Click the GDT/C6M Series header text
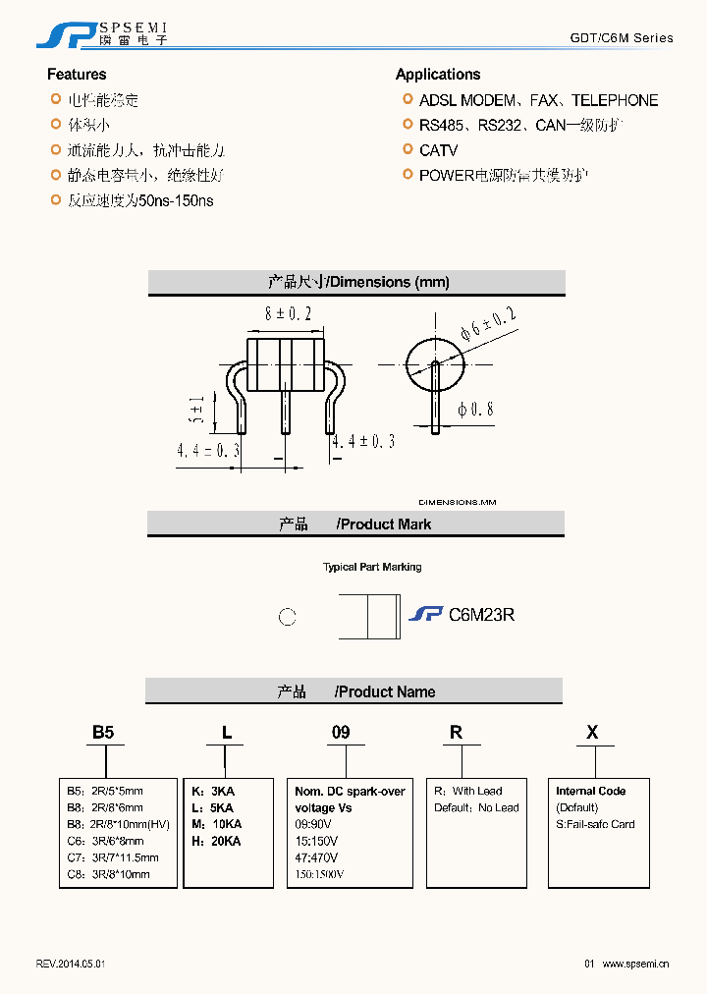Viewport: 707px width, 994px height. (622, 38)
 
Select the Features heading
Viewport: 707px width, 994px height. (77, 75)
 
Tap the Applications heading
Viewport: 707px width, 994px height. (438, 75)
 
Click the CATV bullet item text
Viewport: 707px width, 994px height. (438, 150)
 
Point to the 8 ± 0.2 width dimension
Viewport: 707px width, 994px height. (288, 314)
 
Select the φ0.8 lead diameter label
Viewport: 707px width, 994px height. (475, 410)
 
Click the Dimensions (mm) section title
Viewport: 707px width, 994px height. (358, 283)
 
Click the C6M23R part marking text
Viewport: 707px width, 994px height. (481, 615)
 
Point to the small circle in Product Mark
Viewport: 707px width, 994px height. (287, 617)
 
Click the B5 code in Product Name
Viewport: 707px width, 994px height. (103, 732)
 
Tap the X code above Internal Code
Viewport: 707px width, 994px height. (592, 732)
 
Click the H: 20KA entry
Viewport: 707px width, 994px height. (216, 841)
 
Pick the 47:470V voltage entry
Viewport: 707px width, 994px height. (316, 857)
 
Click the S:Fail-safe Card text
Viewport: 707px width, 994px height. (595, 824)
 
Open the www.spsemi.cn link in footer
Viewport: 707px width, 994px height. (635, 964)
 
